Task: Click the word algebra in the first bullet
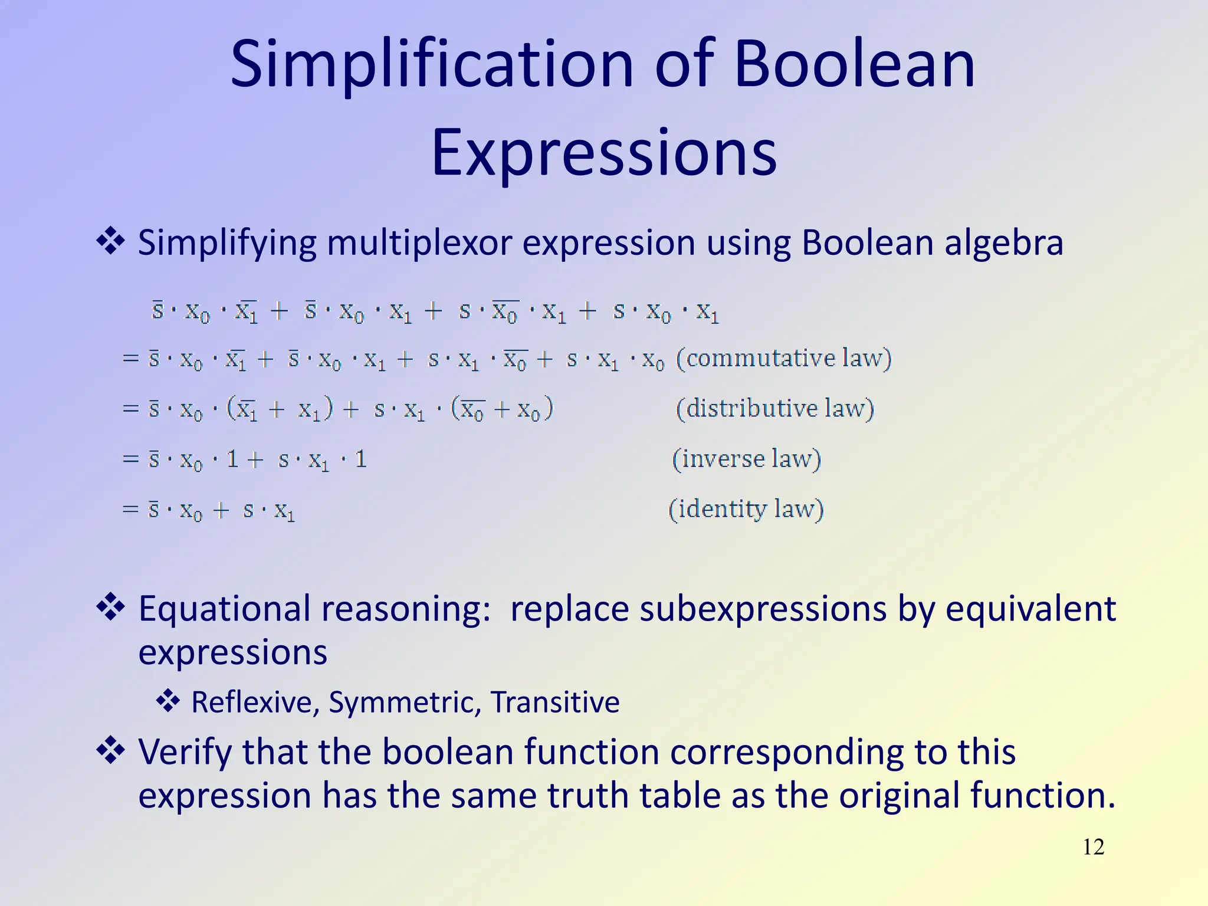tap(1003, 242)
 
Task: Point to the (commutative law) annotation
tap(783, 358)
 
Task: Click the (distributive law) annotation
tap(774, 408)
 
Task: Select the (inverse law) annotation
tap(746, 459)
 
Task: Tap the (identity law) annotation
tap(746, 509)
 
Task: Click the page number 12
tap(1093, 847)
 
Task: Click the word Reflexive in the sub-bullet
tap(251, 703)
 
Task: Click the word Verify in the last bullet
tap(185, 753)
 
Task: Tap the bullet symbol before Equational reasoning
tap(110, 608)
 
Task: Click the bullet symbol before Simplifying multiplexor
tap(110, 242)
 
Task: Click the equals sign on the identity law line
tap(130, 509)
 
